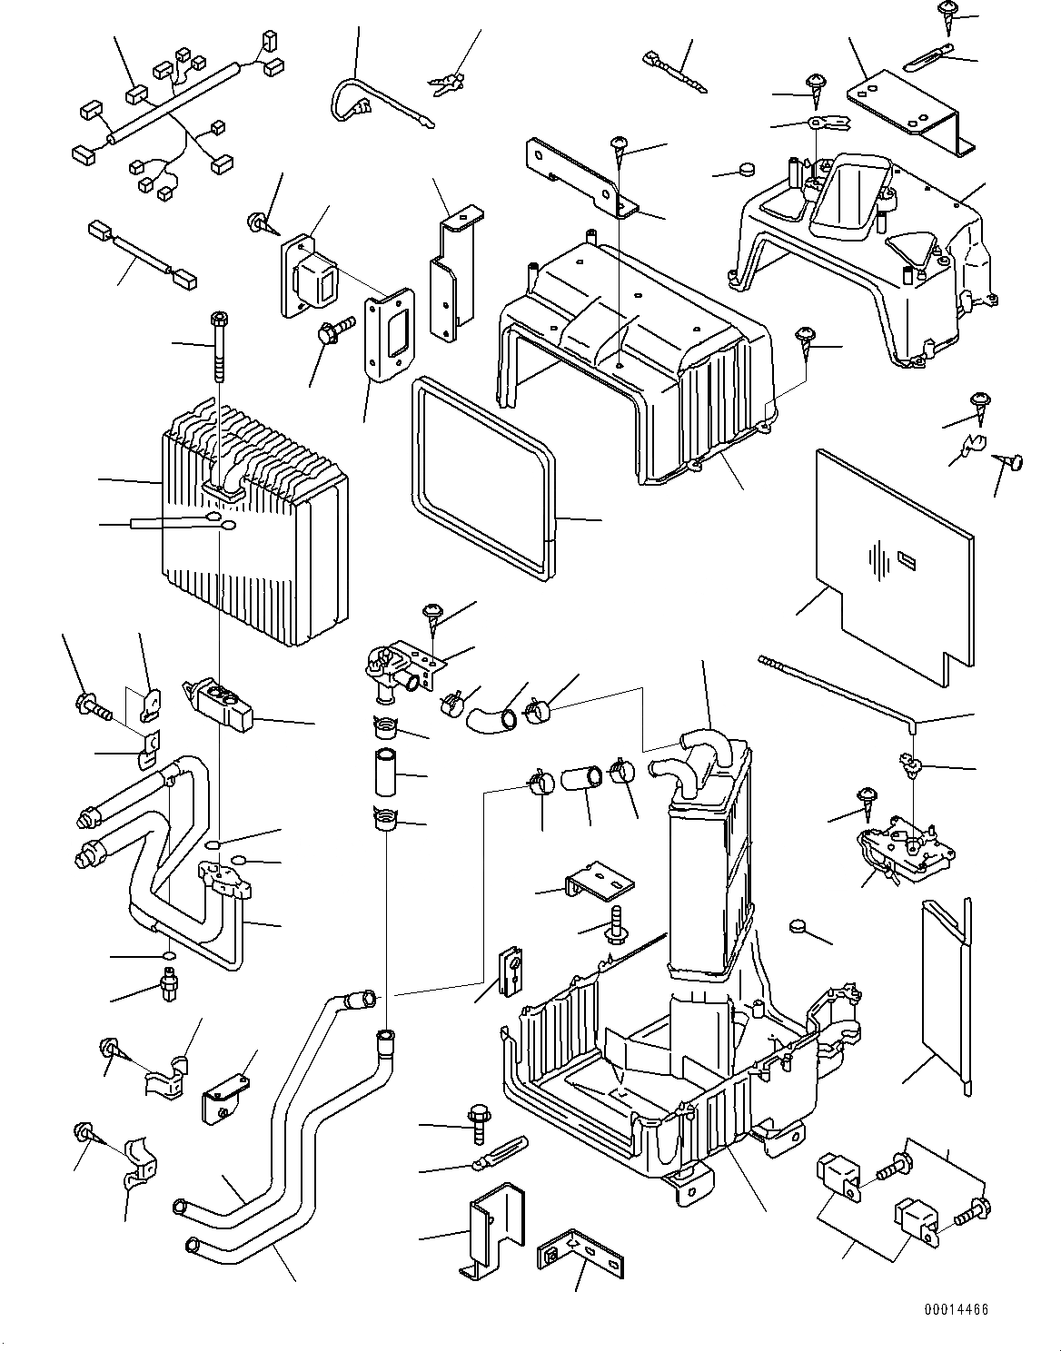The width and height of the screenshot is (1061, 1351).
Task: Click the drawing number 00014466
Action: [957, 1309]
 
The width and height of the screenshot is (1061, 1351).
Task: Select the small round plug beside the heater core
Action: [798, 925]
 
